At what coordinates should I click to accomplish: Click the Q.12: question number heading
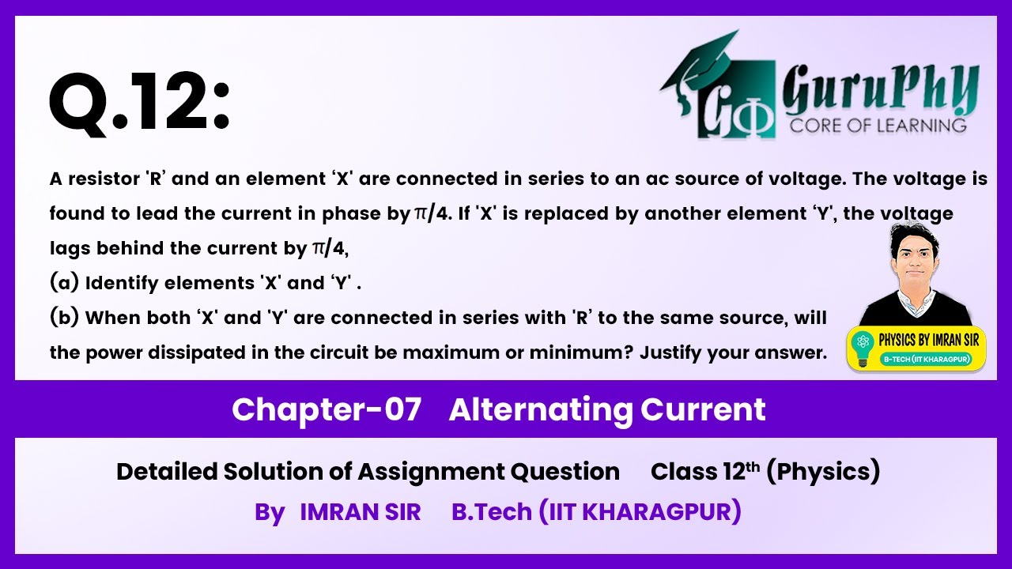coord(139,104)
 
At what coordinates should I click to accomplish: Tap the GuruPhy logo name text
coord(880,92)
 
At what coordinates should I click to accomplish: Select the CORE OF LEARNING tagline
coord(877,125)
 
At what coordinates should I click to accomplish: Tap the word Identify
coord(122,283)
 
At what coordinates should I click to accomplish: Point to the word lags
coord(69,248)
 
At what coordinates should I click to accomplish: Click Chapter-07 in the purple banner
coord(327,409)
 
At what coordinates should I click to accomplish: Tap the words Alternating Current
coord(607,409)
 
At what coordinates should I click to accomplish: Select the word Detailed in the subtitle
coord(166,472)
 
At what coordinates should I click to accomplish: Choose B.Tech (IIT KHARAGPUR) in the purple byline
coord(596,512)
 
